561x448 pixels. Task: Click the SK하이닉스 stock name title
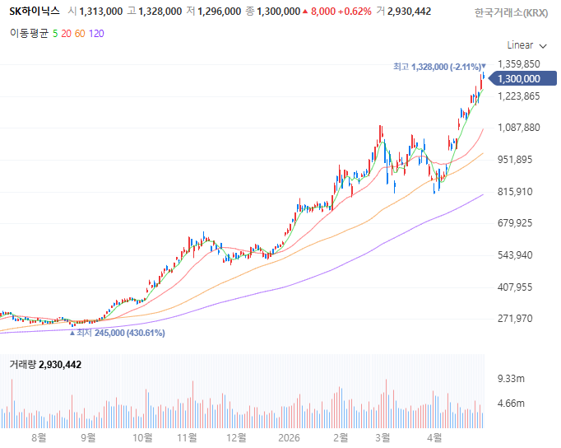[35, 11]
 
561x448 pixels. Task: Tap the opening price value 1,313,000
[101, 12]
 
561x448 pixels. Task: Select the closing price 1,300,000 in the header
[278, 12]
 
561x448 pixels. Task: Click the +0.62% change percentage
[355, 12]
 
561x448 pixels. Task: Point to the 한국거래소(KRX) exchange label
[511, 13]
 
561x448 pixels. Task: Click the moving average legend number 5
[55, 34]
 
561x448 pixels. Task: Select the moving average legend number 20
[66, 34]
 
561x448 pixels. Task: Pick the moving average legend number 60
[80, 34]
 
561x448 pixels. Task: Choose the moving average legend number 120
[96, 34]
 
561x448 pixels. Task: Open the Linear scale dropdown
[526, 45]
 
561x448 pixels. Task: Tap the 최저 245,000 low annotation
[118, 333]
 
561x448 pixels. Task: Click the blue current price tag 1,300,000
[522, 78]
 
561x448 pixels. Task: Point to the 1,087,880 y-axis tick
[519, 128]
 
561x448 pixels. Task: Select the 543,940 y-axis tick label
[515, 255]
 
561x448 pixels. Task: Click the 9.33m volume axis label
[511, 379]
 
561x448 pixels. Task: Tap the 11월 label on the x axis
[187, 437]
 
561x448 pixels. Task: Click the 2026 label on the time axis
[289, 437]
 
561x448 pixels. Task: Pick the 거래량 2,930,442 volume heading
[45, 365]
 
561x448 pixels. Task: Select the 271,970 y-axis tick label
[515, 319]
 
